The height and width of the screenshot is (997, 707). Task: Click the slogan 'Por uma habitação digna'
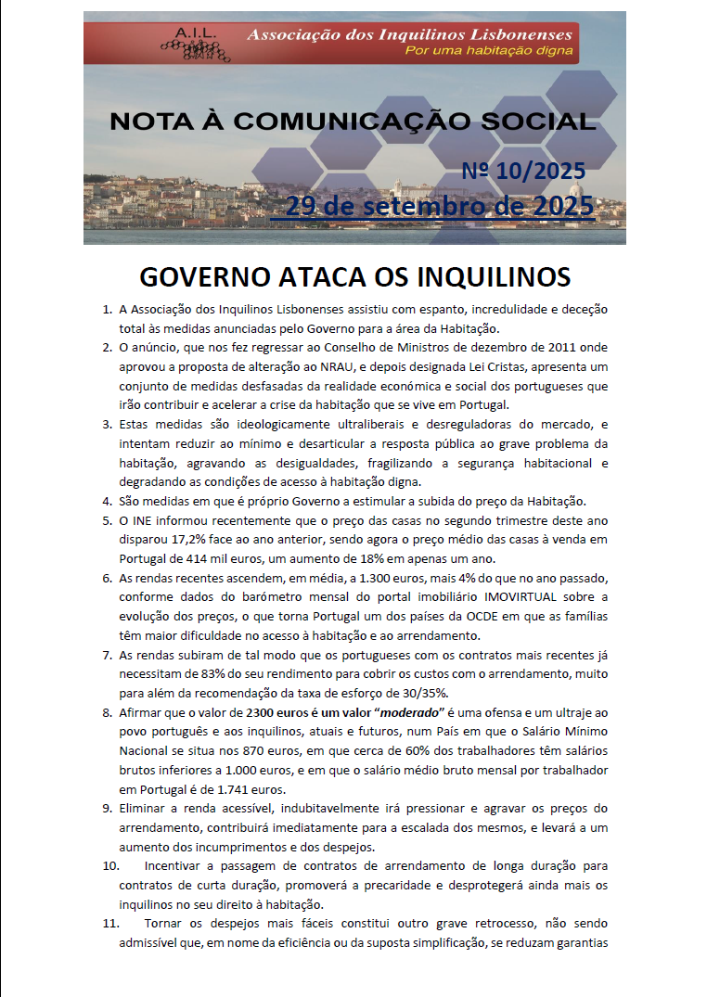click(488, 50)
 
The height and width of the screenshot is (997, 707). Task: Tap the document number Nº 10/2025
click(523, 171)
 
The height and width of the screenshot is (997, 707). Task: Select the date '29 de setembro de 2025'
click(439, 206)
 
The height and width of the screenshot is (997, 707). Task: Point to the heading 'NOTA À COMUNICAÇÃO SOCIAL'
click(353, 121)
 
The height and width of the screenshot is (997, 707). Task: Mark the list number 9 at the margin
click(107, 809)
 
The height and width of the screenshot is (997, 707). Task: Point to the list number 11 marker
click(110, 925)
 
